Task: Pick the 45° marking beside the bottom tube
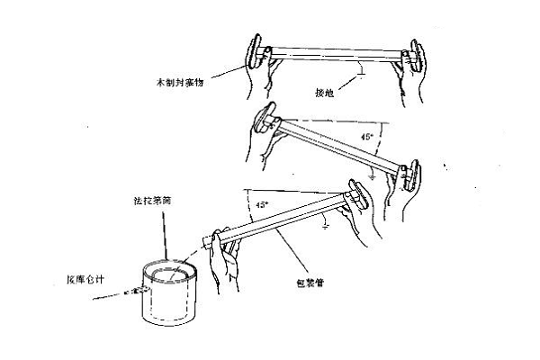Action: [x=260, y=205]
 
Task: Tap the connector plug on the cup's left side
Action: [x=137, y=291]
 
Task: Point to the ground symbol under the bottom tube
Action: [x=325, y=224]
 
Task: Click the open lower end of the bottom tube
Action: [x=209, y=242]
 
